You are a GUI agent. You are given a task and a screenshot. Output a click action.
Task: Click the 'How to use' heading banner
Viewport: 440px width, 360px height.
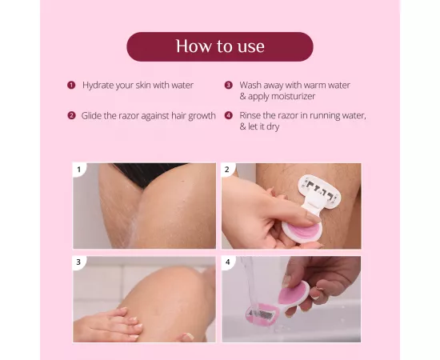pyautogui.click(x=219, y=46)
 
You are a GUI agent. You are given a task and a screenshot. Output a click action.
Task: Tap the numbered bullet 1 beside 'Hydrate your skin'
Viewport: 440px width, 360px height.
pyautogui.click(x=71, y=85)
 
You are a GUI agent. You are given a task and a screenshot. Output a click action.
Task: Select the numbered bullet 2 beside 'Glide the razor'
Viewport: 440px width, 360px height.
pyautogui.click(x=71, y=115)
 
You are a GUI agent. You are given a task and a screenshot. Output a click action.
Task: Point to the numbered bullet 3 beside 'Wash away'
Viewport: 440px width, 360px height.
pyautogui.click(x=228, y=85)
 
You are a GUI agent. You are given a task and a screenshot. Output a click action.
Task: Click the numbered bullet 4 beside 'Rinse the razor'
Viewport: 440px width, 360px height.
pyautogui.click(x=228, y=115)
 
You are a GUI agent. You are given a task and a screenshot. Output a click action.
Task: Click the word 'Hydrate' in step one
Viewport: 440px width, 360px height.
pyautogui.click(x=98, y=85)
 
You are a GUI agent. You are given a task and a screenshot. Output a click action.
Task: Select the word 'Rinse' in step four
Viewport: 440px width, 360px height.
pyautogui.click(x=251, y=115)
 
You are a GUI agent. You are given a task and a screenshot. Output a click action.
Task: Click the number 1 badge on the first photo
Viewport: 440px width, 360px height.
pyautogui.click(x=79, y=170)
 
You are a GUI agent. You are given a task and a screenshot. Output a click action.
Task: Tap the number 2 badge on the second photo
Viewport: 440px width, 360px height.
pyautogui.click(x=228, y=170)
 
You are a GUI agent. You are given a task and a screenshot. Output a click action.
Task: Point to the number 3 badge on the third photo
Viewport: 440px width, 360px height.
pyautogui.click(x=79, y=262)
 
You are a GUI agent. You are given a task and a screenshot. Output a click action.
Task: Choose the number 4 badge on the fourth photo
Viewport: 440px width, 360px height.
pyautogui.click(x=228, y=262)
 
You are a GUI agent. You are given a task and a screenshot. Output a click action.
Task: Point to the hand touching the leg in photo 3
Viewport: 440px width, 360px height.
pyautogui.click(x=112, y=325)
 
